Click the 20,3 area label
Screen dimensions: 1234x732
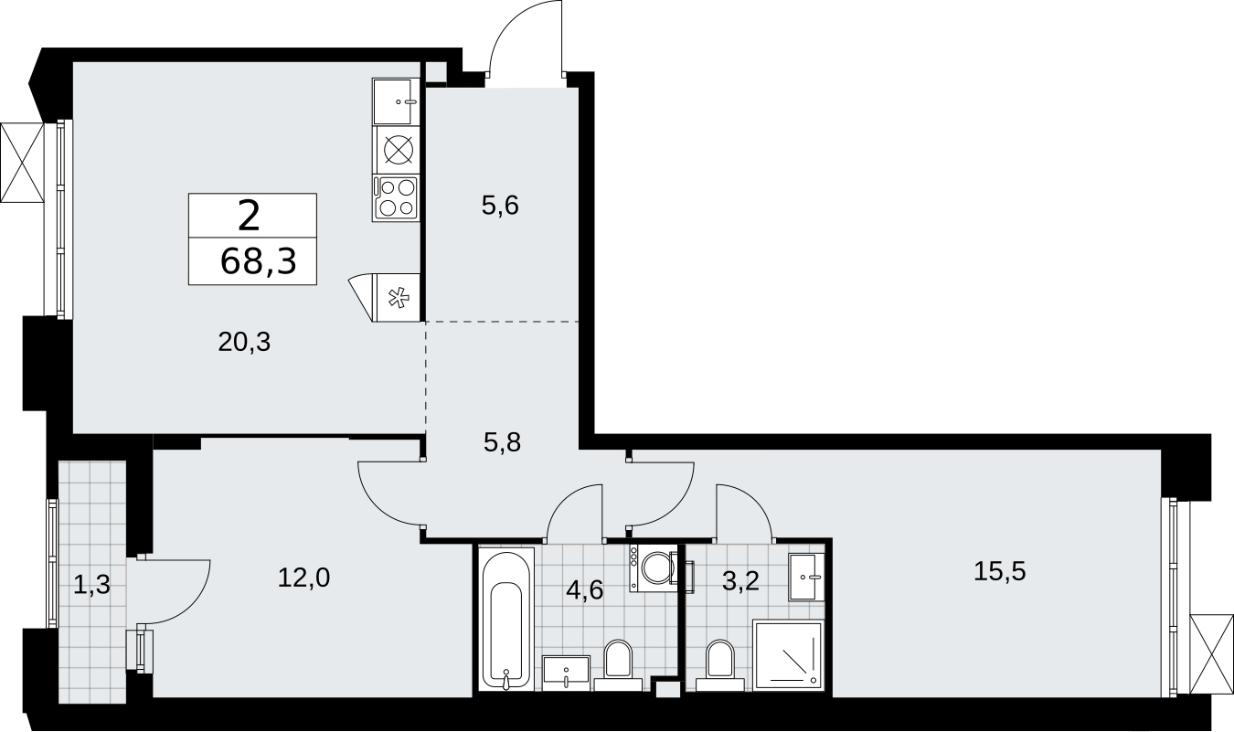pos(244,343)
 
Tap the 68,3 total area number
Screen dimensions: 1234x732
pos(259,261)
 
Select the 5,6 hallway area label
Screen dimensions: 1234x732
pos(500,206)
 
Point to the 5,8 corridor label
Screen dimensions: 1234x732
pos(502,442)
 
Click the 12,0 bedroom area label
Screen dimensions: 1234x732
pos(303,578)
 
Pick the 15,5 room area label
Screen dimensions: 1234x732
pos(999,571)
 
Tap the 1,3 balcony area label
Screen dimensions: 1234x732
pos(92,584)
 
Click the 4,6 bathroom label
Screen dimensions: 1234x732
pos(585,590)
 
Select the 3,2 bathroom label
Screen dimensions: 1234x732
pos(741,580)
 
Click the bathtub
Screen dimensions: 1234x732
pos(506,618)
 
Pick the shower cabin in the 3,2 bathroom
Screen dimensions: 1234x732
pos(788,655)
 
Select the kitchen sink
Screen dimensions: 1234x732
pos(395,102)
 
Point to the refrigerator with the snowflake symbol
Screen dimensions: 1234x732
pos(396,298)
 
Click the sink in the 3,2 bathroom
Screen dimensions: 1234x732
pos(806,577)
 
